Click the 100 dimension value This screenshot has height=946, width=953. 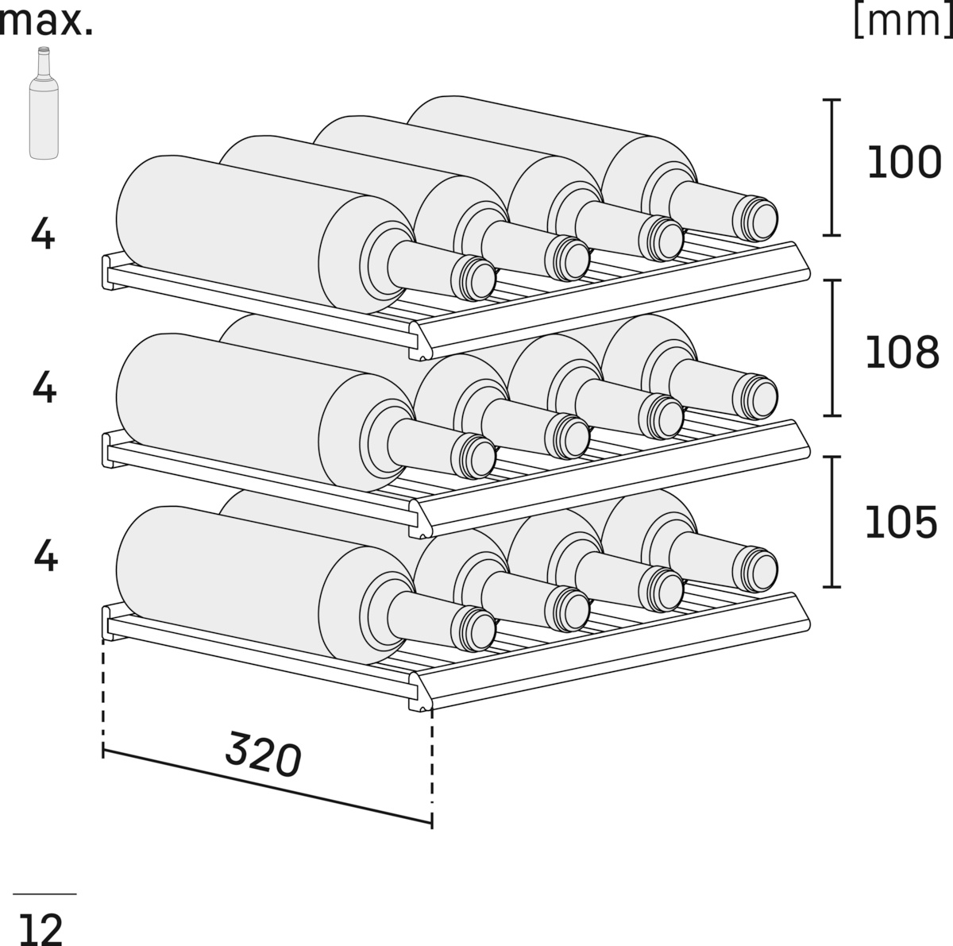(903, 163)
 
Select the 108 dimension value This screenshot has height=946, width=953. (902, 351)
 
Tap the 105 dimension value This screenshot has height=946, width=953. (901, 522)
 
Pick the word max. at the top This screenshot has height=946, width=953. (46, 21)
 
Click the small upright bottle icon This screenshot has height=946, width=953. (44, 103)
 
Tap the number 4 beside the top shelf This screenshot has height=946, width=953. (43, 234)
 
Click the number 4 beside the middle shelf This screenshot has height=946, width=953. (44, 388)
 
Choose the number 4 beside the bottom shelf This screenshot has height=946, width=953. (46, 556)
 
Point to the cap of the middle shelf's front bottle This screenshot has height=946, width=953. (474, 457)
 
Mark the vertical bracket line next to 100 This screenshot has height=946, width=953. (831, 167)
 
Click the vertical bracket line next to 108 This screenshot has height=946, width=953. (831, 347)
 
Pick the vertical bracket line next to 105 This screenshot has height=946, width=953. (831, 522)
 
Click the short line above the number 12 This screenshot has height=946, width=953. (44, 894)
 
